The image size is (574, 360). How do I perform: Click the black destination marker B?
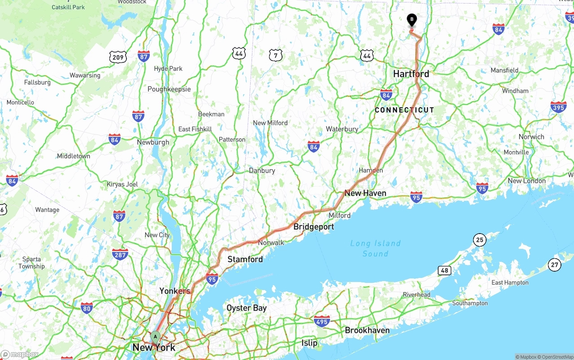click(x=412, y=20)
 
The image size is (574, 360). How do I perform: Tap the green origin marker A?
click(x=156, y=336)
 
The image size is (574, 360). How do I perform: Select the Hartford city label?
click(x=411, y=74)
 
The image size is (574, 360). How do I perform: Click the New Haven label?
click(x=365, y=193)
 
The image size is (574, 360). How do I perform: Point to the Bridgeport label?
click(x=313, y=227)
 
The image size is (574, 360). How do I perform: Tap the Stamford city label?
click(x=245, y=260)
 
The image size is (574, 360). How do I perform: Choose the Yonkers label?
click(x=175, y=291)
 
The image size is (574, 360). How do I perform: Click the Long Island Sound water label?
click(x=375, y=248)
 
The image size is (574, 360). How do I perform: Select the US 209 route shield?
click(x=118, y=57)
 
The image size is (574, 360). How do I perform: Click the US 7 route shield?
click(x=275, y=55)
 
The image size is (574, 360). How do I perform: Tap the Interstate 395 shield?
click(x=558, y=107)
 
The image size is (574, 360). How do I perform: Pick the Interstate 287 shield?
click(x=120, y=254)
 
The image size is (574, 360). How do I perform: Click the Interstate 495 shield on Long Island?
click(x=322, y=321)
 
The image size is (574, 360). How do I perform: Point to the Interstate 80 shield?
click(x=87, y=308)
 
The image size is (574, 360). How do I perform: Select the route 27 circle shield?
click(x=555, y=265)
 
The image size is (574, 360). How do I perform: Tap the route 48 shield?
click(x=444, y=270)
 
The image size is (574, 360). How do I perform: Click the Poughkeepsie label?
click(x=169, y=89)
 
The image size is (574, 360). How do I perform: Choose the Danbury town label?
click(x=262, y=171)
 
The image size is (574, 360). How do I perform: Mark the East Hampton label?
click(x=510, y=282)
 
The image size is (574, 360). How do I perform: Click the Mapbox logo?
click(x=19, y=354)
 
